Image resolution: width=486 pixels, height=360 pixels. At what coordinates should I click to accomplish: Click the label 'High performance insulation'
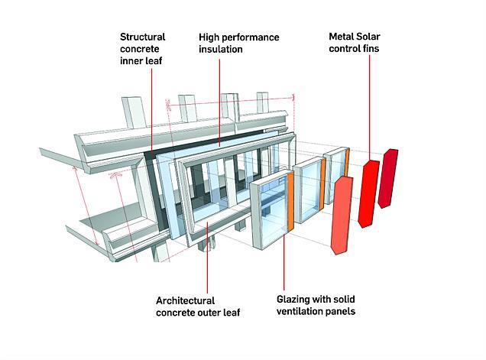pos(238,43)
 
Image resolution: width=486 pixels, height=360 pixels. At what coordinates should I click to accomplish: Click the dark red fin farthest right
pos(387,177)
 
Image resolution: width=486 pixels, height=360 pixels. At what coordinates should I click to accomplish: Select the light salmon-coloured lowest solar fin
pos(340,215)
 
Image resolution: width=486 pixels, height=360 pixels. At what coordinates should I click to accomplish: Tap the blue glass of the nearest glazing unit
pos(270,214)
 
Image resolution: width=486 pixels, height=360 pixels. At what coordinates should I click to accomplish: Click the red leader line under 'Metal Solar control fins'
pos(370,107)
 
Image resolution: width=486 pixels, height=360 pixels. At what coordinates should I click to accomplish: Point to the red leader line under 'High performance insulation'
pos(220,99)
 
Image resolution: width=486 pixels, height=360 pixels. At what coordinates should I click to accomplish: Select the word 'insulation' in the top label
pos(221,49)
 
